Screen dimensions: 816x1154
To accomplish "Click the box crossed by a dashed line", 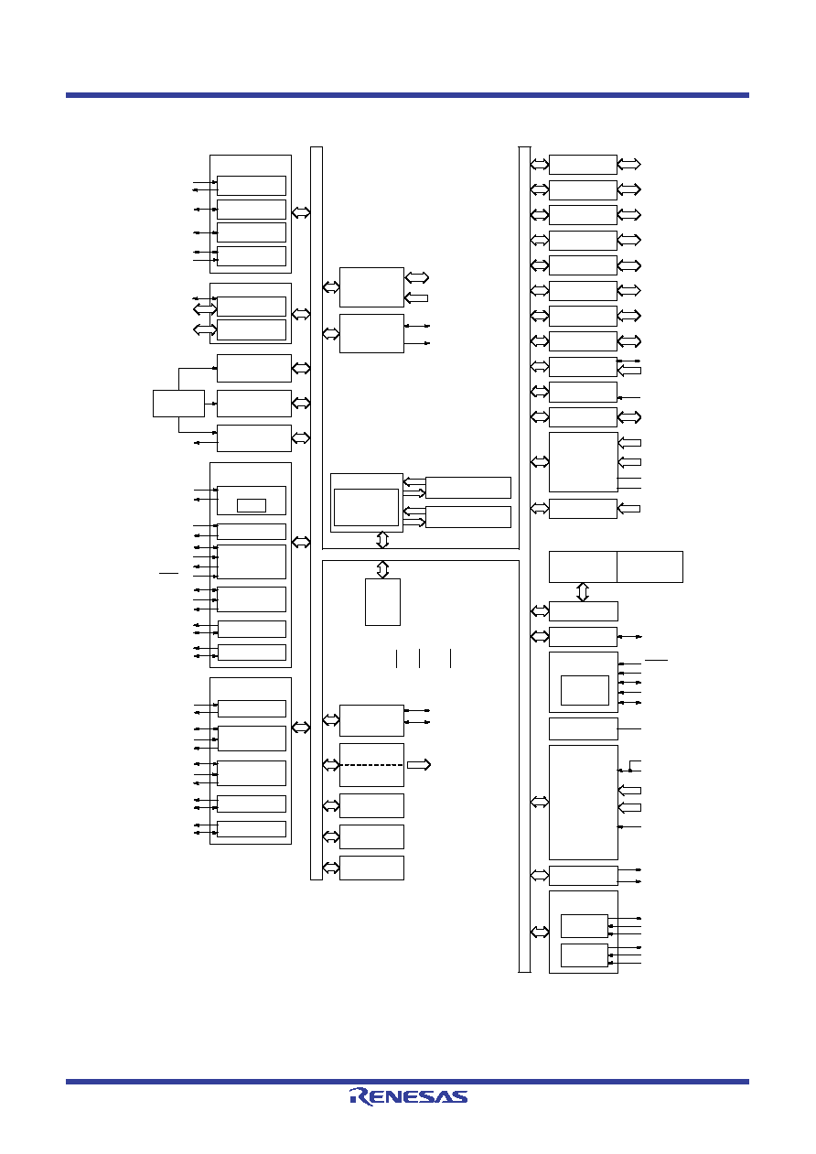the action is click(x=371, y=764).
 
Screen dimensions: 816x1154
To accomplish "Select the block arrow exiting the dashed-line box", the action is click(x=419, y=764).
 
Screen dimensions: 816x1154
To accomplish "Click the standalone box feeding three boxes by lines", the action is click(x=178, y=404).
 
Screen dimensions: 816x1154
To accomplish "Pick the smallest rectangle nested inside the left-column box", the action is click(x=252, y=505).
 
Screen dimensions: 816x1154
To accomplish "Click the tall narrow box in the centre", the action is click(x=382, y=602).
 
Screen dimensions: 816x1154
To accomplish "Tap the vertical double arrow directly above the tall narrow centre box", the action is click(x=382, y=569).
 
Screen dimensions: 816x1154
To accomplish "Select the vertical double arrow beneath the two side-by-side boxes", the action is click(x=583, y=592).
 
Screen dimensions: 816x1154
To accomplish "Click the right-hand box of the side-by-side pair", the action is click(x=650, y=566).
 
